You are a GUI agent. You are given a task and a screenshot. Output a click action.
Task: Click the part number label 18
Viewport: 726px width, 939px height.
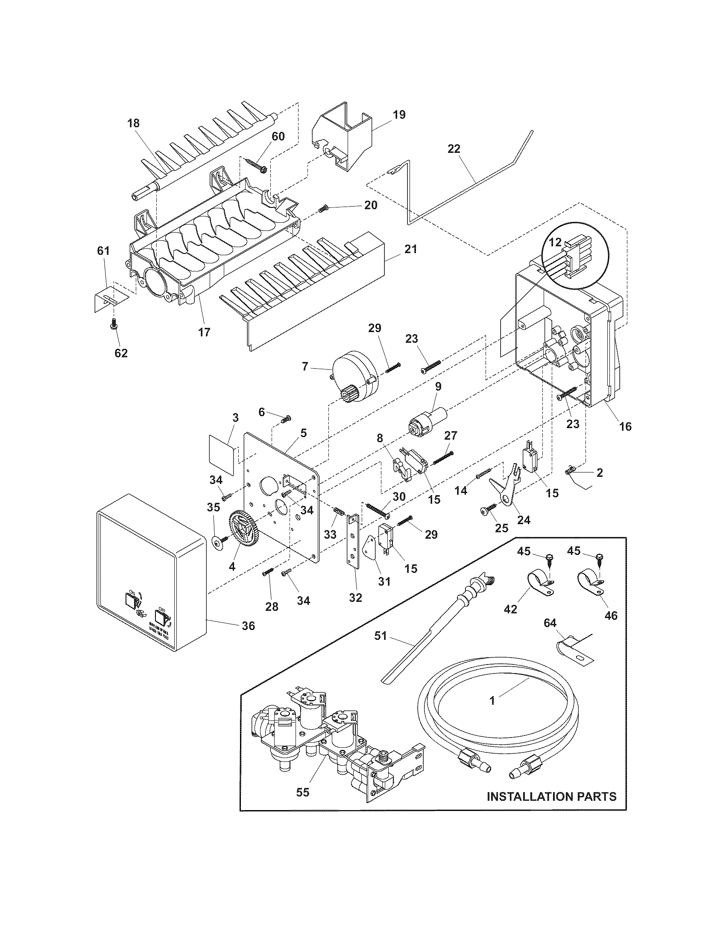click(x=133, y=123)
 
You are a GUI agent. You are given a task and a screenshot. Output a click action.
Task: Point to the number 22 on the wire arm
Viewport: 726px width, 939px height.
click(x=454, y=149)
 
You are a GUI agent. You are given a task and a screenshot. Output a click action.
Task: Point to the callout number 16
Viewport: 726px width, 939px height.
click(x=625, y=426)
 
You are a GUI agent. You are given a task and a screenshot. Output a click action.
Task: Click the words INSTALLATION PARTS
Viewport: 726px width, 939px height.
click(x=551, y=796)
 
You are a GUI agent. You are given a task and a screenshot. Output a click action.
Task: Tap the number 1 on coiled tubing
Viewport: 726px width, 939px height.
click(x=492, y=700)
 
